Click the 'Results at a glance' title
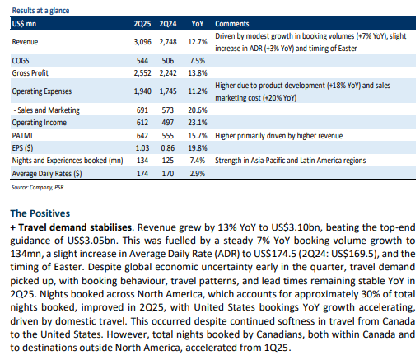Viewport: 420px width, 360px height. tap(40, 11)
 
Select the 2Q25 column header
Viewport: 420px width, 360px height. tap(142, 24)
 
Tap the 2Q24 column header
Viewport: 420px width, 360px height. tap(168, 24)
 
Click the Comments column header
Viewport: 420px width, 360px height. tap(232, 24)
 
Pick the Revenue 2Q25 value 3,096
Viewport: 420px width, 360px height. tap(142, 42)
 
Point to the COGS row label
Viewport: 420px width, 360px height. tap(21, 61)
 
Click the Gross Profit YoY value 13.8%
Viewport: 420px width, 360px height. tap(198, 73)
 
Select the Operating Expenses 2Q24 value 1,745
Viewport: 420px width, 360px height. tap(168, 91)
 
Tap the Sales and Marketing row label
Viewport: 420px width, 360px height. tap(47, 110)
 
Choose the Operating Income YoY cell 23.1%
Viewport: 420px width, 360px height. tap(198, 123)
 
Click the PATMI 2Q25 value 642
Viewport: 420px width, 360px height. tap(142, 136)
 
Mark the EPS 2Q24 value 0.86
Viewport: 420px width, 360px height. tap(167, 148)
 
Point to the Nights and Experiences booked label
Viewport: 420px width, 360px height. tap(68, 161)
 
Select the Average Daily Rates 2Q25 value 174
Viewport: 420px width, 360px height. tap(142, 174)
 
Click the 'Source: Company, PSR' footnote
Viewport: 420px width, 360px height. tap(37, 187)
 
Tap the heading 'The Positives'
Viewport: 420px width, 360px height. tap(40, 213)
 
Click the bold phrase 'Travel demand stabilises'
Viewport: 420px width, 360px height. tap(75, 227)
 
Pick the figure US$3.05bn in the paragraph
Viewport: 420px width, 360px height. tap(92, 241)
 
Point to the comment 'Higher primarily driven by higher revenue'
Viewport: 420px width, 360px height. tap(278, 136)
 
